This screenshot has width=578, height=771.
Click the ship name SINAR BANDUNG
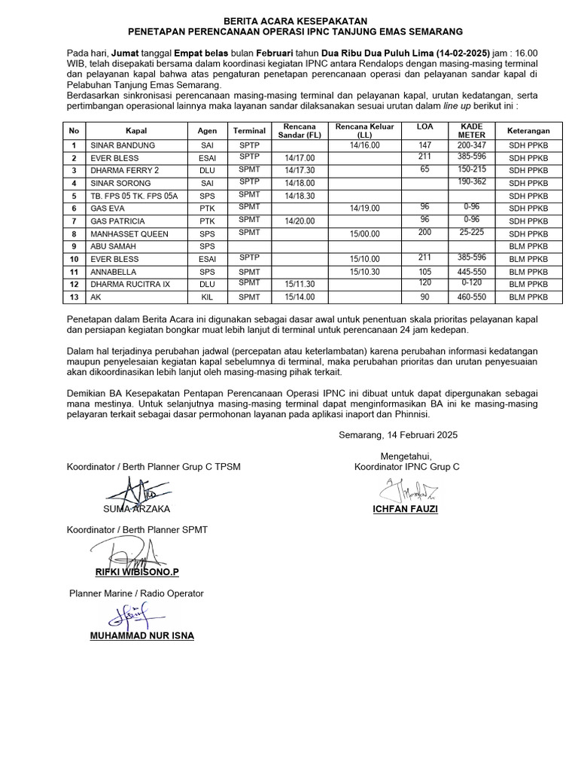click(x=122, y=145)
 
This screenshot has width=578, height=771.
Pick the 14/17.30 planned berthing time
click(x=300, y=171)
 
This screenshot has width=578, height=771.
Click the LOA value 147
click(x=424, y=145)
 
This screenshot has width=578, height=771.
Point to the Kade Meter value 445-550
click(x=472, y=270)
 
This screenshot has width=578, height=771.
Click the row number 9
click(x=74, y=246)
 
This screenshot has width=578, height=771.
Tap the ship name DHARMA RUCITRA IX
click(x=131, y=284)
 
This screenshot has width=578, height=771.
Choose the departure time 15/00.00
click(x=365, y=233)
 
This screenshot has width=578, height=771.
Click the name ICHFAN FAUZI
click(x=406, y=510)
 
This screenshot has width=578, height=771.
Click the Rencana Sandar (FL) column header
click(x=300, y=130)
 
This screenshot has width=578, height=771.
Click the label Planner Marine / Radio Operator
click(x=136, y=593)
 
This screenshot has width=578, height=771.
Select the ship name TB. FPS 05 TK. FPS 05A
click(x=134, y=196)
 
